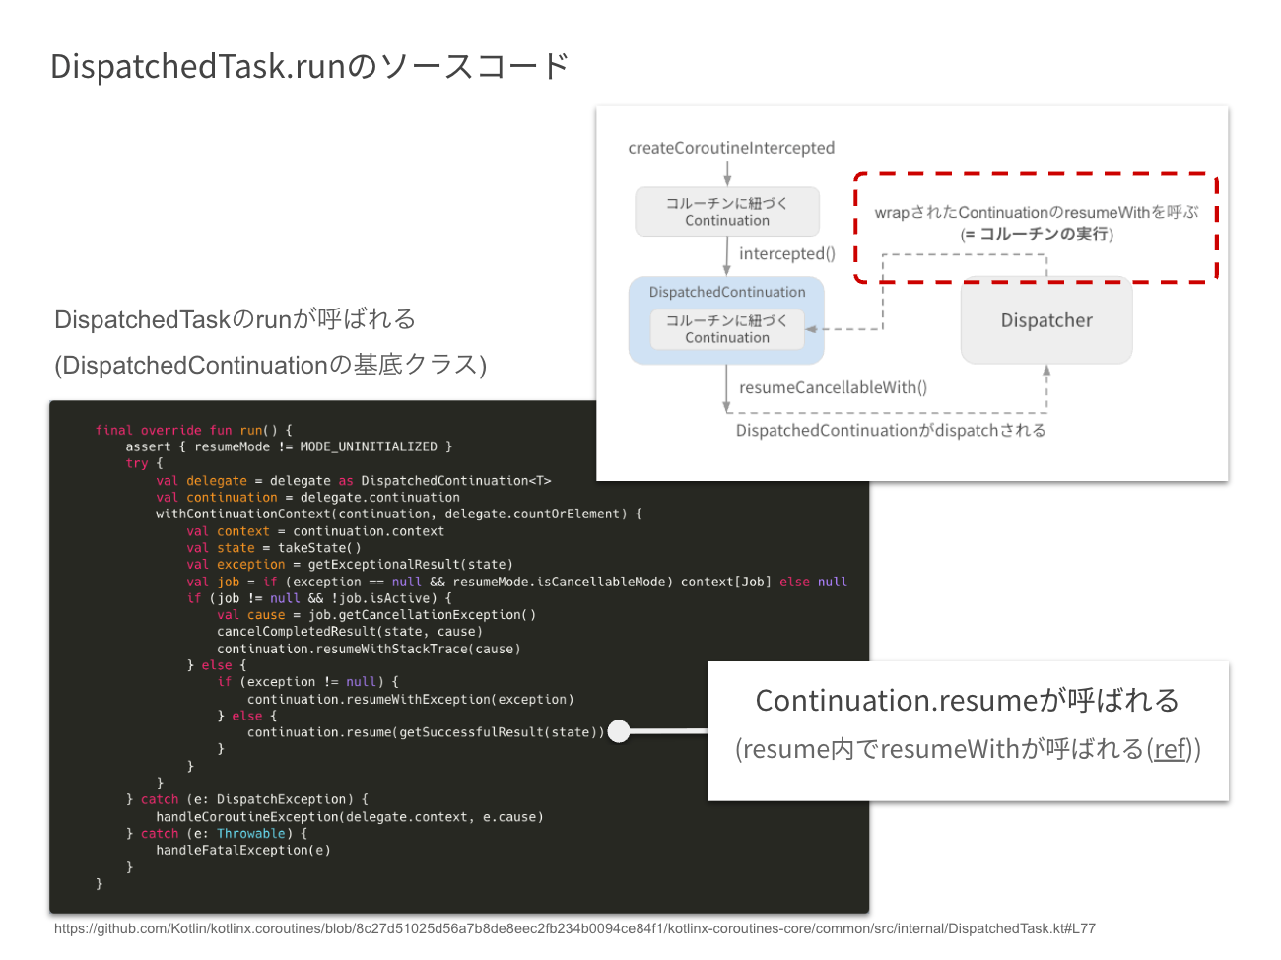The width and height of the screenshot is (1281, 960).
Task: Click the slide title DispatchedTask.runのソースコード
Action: [x=309, y=66]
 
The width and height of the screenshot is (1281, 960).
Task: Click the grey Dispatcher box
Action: [x=1046, y=320]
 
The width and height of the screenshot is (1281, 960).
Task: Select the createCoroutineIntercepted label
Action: [x=731, y=148]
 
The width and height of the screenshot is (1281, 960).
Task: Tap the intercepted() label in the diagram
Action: [x=786, y=253]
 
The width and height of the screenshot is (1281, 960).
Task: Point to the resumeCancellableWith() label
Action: [x=833, y=387]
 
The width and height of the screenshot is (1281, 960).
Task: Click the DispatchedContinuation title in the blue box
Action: [x=727, y=292]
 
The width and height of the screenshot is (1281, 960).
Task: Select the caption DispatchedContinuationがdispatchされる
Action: [x=891, y=430]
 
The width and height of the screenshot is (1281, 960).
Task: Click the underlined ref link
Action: [x=1170, y=749]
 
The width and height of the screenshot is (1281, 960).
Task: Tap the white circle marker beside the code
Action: [x=619, y=731]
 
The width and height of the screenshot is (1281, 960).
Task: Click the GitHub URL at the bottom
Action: [x=574, y=928]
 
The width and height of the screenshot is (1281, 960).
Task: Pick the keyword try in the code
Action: [x=137, y=463]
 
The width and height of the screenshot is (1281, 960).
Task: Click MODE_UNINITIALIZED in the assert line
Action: [x=369, y=446]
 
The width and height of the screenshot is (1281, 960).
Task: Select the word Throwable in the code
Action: [x=250, y=833]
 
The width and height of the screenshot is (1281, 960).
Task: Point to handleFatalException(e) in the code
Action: [x=243, y=850]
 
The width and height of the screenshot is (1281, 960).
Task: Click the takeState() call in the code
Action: [x=319, y=548]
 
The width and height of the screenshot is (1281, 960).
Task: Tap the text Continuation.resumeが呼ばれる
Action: [x=967, y=700]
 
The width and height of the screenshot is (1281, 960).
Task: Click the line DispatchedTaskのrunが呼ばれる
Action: [x=235, y=319]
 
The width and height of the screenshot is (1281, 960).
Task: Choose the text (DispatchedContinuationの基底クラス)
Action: [x=271, y=365]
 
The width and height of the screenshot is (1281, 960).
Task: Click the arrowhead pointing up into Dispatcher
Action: [x=1046, y=371]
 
